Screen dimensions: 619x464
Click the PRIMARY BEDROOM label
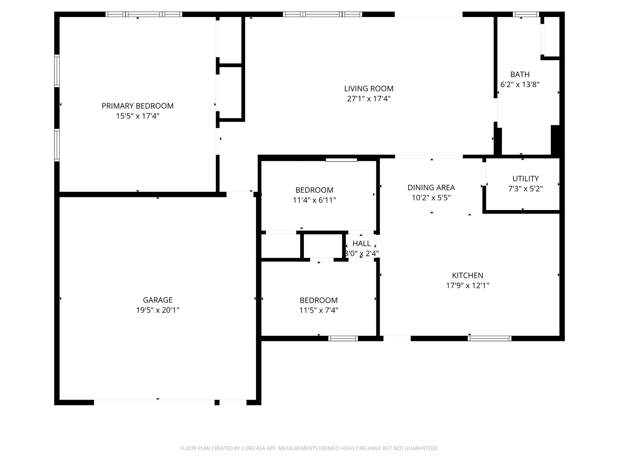(138, 106)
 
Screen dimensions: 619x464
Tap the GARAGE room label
(158, 300)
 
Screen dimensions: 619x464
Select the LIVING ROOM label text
(369, 88)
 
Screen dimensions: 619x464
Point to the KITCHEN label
(468, 275)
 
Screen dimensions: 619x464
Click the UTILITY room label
(526, 178)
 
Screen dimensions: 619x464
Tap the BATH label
(520, 74)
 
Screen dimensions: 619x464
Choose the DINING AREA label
(431, 187)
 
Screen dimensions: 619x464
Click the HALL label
(361, 243)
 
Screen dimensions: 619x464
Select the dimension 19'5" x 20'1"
(158, 310)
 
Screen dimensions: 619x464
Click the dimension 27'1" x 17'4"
(369, 99)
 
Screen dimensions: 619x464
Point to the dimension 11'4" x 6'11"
(314, 200)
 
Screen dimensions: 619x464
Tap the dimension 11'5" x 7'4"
(319, 310)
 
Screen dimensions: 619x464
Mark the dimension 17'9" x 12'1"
(468, 286)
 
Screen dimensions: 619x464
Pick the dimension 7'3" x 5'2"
(526, 189)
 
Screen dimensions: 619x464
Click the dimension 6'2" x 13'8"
(520, 84)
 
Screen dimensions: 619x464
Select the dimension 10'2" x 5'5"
(431, 198)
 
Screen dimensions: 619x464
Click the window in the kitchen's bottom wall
(490, 338)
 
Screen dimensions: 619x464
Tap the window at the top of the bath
(526, 14)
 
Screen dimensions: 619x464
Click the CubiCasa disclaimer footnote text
(309, 448)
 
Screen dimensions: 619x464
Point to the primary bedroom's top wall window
(144, 14)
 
